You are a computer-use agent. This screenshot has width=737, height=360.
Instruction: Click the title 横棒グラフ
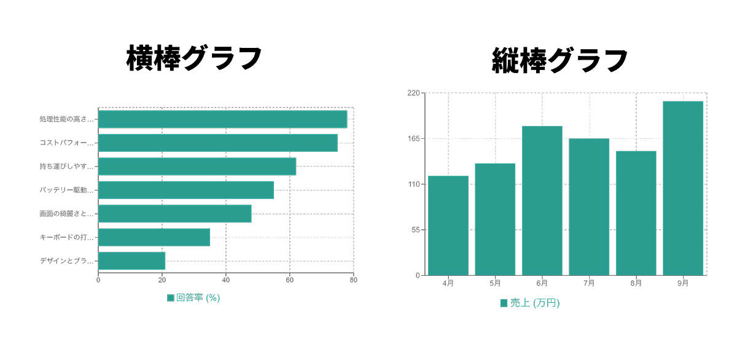pyautogui.click(x=194, y=60)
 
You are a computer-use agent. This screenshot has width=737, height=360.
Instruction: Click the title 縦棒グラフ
pyautogui.click(x=560, y=61)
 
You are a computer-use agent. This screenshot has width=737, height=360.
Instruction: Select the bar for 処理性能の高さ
pyautogui.click(x=222, y=119)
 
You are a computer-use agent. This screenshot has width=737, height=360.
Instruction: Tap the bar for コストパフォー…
pyautogui.click(x=218, y=143)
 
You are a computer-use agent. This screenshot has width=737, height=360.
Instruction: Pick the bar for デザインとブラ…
pyautogui.click(x=131, y=260)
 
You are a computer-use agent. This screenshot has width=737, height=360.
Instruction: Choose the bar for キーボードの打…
pyautogui.click(x=154, y=237)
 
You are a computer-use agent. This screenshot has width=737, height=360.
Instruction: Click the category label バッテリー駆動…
pyautogui.click(x=66, y=190)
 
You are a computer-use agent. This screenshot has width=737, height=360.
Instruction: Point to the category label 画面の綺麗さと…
pyautogui.click(x=66, y=214)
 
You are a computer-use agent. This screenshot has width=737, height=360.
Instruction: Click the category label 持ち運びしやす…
pyautogui.click(x=66, y=166)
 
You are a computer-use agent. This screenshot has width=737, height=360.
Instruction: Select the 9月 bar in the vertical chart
pyautogui.click(x=683, y=188)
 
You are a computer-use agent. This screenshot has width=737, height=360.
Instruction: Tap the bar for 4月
pyautogui.click(x=448, y=225)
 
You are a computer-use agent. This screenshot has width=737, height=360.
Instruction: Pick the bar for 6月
pyautogui.click(x=542, y=200)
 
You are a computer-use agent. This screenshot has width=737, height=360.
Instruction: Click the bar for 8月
pyautogui.click(x=636, y=213)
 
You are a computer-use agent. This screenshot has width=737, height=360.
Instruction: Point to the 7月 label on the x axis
pyautogui.click(x=589, y=283)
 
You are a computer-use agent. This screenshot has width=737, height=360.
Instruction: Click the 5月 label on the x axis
pyautogui.click(x=495, y=283)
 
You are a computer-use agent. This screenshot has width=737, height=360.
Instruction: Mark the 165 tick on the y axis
pyautogui.click(x=413, y=139)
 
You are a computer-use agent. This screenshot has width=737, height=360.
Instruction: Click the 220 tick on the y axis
pyautogui.click(x=413, y=93)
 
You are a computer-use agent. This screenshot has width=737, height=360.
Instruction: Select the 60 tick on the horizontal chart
pyautogui.click(x=289, y=280)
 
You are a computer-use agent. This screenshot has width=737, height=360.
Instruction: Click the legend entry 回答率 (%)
pyautogui.click(x=193, y=298)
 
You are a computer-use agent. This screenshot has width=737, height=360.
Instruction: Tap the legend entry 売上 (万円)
pyautogui.click(x=530, y=303)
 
